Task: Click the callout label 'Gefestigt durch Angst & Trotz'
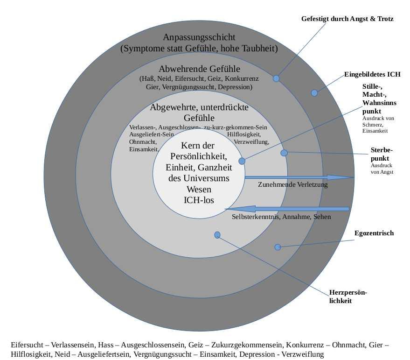[347, 19]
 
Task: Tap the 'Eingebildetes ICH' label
[372, 74]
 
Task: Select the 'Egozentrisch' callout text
[374, 233]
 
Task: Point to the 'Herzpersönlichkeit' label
[348, 296]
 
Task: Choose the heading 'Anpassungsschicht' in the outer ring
[199, 37]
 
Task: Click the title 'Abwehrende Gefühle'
[199, 69]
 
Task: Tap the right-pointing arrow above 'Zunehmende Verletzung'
[299, 177]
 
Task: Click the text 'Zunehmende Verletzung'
[293, 185]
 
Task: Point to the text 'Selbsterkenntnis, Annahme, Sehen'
[281, 217]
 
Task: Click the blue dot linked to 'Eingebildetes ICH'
[314, 93]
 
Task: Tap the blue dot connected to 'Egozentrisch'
[278, 247]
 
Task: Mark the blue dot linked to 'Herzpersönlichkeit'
[217, 235]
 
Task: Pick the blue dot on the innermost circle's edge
[242, 161]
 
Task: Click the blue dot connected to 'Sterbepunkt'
[284, 153]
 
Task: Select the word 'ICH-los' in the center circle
[199, 200]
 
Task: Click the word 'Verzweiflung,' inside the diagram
[251, 142]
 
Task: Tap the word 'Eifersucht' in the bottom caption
[26, 345]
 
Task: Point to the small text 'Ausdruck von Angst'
[382, 169]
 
